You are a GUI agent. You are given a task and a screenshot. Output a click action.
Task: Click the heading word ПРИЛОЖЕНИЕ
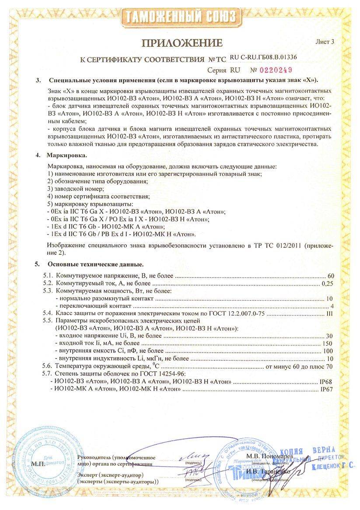pos(182,43)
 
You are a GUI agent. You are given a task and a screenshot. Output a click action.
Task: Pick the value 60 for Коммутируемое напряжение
pos(330,276)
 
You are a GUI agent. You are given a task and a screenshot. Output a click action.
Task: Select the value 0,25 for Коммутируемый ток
pos(327,284)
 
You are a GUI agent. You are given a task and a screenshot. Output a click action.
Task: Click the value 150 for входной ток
pos(328,343)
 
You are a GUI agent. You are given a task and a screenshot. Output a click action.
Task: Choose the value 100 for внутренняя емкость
pos(328,351)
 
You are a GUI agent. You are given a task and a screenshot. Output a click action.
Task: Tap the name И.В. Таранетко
pos(266,471)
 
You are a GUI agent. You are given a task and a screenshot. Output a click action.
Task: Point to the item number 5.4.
pos(47,313)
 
